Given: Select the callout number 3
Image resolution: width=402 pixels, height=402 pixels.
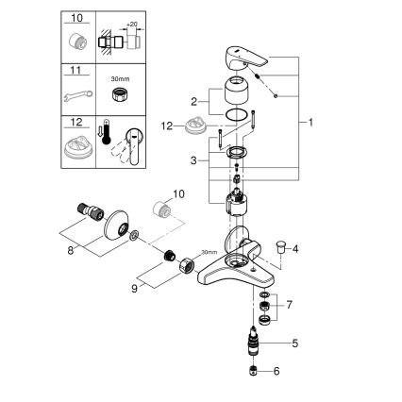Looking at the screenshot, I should (194, 161).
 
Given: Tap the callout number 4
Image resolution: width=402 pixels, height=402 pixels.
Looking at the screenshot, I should (295, 249).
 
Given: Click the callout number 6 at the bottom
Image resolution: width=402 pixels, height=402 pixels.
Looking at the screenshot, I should (295, 374).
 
